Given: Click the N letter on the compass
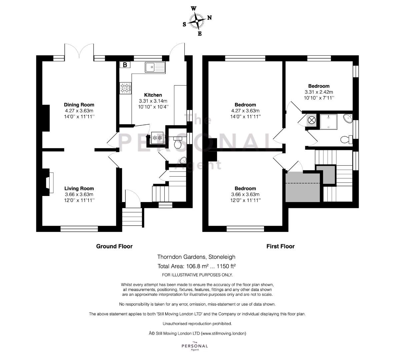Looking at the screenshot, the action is click(x=209, y=18).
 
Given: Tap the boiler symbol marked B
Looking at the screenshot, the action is click(x=125, y=65).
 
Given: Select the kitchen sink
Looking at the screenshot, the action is click(x=155, y=67).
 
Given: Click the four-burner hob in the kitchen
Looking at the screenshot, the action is click(x=125, y=88).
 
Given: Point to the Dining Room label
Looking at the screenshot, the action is click(x=79, y=105).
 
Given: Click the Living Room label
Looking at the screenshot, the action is click(x=79, y=188).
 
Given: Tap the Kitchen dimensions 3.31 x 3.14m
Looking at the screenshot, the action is click(x=153, y=101).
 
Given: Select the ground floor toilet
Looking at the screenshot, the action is click(x=178, y=142).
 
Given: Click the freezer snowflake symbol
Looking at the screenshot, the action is click(x=157, y=138).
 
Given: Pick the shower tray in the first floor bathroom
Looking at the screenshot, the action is click(x=328, y=121).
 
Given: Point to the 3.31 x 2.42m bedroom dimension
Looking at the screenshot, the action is click(x=319, y=92).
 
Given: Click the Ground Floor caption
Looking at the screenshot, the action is click(x=114, y=246).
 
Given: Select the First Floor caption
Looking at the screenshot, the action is click(x=280, y=246).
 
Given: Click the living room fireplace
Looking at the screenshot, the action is click(x=48, y=182).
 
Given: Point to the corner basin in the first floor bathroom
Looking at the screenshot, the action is click(x=348, y=118).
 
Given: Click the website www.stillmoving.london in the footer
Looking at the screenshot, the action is click(x=223, y=333).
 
